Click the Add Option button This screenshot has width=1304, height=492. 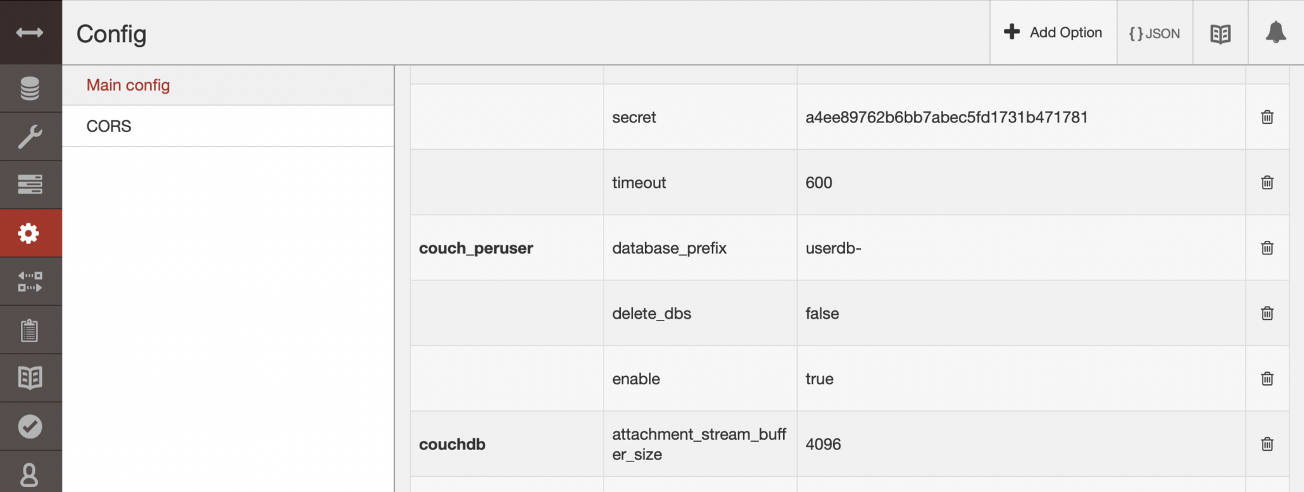(1053, 33)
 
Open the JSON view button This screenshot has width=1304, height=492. (1154, 33)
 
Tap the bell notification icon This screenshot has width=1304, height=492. (1275, 33)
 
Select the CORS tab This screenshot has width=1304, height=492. (109, 126)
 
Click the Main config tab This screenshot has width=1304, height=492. (128, 85)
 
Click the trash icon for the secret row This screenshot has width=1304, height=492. (1267, 117)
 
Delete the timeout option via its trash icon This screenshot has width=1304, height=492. (1267, 183)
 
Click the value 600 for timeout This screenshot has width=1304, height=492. (819, 183)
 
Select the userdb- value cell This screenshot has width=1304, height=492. (833, 249)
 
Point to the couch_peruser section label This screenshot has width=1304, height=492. (476, 249)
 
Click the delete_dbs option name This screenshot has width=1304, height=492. (651, 314)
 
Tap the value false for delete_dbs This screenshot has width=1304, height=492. (822, 314)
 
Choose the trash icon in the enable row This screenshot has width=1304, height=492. (1267, 379)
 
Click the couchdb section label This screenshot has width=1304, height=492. (452, 444)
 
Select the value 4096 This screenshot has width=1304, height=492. (823, 444)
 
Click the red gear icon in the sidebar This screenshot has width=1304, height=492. (29, 233)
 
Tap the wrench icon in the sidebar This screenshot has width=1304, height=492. (29, 136)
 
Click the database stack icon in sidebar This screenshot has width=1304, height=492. (29, 89)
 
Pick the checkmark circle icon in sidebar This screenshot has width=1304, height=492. (29, 426)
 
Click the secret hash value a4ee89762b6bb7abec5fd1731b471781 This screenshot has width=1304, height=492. (946, 117)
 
